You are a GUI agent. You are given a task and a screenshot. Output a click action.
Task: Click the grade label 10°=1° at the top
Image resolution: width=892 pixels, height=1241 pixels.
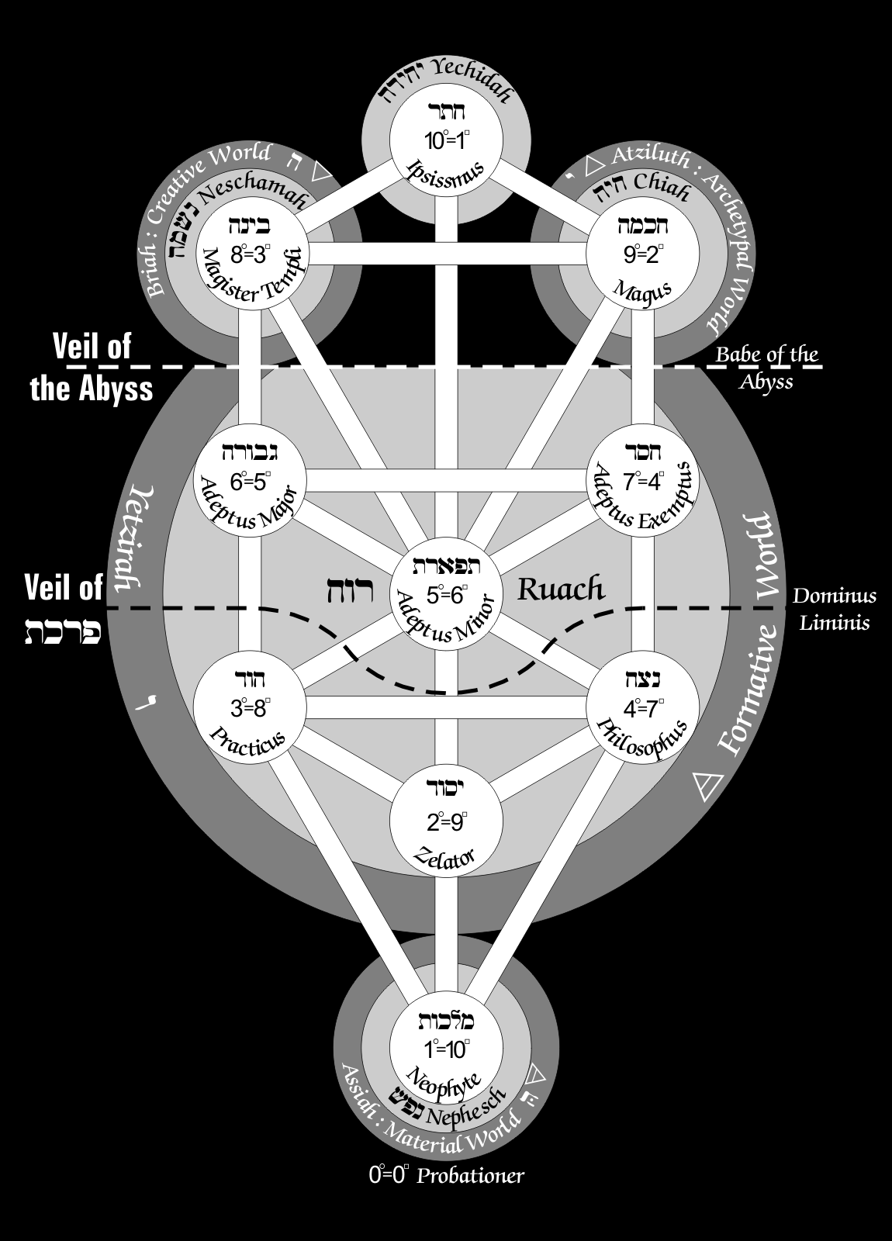(445, 140)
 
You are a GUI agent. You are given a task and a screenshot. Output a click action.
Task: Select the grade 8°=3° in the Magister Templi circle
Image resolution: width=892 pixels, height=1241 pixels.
(250, 254)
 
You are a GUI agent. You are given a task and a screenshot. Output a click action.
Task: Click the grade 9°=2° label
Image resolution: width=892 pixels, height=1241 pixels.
(641, 254)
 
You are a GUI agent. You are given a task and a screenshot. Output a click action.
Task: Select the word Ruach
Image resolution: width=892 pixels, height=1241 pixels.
(560, 589)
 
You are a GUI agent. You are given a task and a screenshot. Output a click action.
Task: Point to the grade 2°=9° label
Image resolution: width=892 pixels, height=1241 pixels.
(445, 820)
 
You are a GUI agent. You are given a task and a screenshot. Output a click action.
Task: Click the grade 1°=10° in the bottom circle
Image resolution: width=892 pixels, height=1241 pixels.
(445, 1049)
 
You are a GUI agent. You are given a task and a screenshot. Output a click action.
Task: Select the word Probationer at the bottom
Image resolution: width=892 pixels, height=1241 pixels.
(471, 1176)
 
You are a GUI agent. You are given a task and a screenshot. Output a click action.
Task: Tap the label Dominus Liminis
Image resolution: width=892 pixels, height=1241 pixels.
(834, 609)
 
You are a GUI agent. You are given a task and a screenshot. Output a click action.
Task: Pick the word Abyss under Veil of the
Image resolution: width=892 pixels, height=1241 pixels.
(114, 389)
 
